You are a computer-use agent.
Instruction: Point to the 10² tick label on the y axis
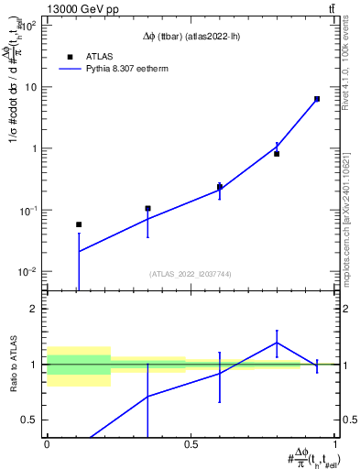pyautogui.click(x=31, y=26)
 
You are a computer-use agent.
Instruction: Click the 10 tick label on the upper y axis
pyautogui.click(x=34, y=87)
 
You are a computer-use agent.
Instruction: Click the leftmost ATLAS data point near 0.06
pyautogui.click(x=79, y=224)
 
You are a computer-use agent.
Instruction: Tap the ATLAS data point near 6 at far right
pyautogui.click(x=317, y=99)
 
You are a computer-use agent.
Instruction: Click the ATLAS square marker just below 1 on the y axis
pyautogui.click(x=277, y=154)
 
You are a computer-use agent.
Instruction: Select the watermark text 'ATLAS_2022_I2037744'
pyautogui.click(x=190, y=274)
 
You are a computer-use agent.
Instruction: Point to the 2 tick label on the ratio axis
pyautogui.click(x=37, y=310)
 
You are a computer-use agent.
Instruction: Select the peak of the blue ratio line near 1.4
pyautogui.click(x=277, y=343)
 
